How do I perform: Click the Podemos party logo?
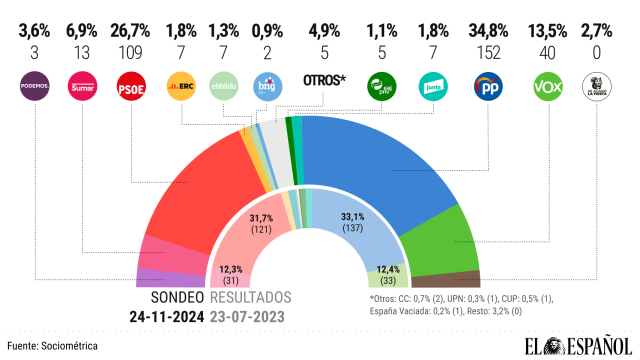[36, 88]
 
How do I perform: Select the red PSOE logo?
[133, 87]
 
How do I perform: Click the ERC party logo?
[181, 87]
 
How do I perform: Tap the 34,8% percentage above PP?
[487, 17]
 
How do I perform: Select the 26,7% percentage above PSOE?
[133, 17]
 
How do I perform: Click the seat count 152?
[487, 37]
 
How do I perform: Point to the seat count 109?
[133, 37]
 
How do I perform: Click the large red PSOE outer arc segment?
[210, 190]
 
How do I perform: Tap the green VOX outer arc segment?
[455, 240]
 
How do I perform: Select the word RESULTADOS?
[251, 297]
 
